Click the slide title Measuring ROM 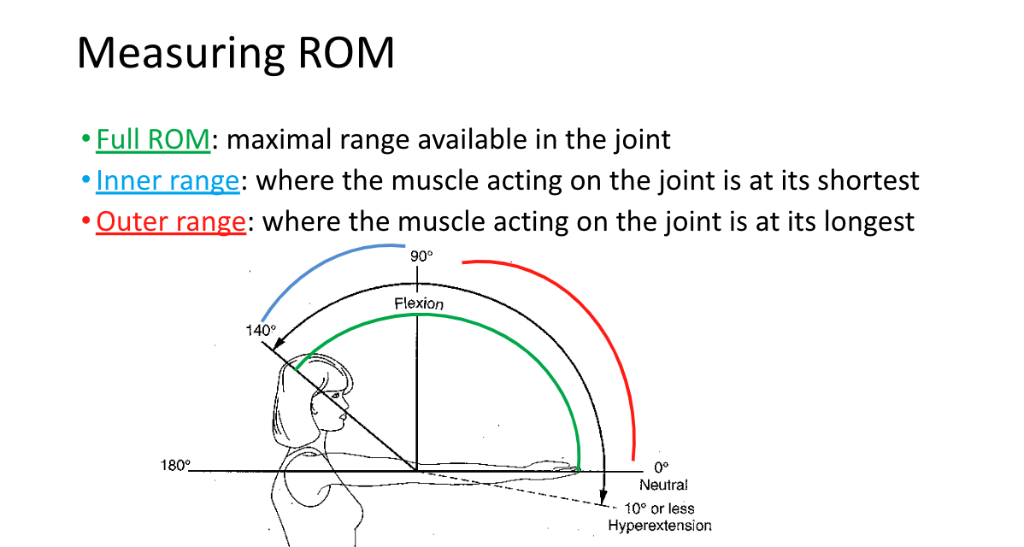pos(235,53)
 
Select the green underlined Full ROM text pos(153,138)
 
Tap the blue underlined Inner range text pos(167,180)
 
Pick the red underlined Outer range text pos(171,222)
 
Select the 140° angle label pos(262,330)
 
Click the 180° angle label pos(175,466)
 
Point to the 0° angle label pos(662,468)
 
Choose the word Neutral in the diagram pos(663,485)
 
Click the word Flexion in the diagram pos(419,303)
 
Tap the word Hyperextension pos(659,526)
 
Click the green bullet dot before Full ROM pos(85,138)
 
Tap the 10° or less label pos(659,509)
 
